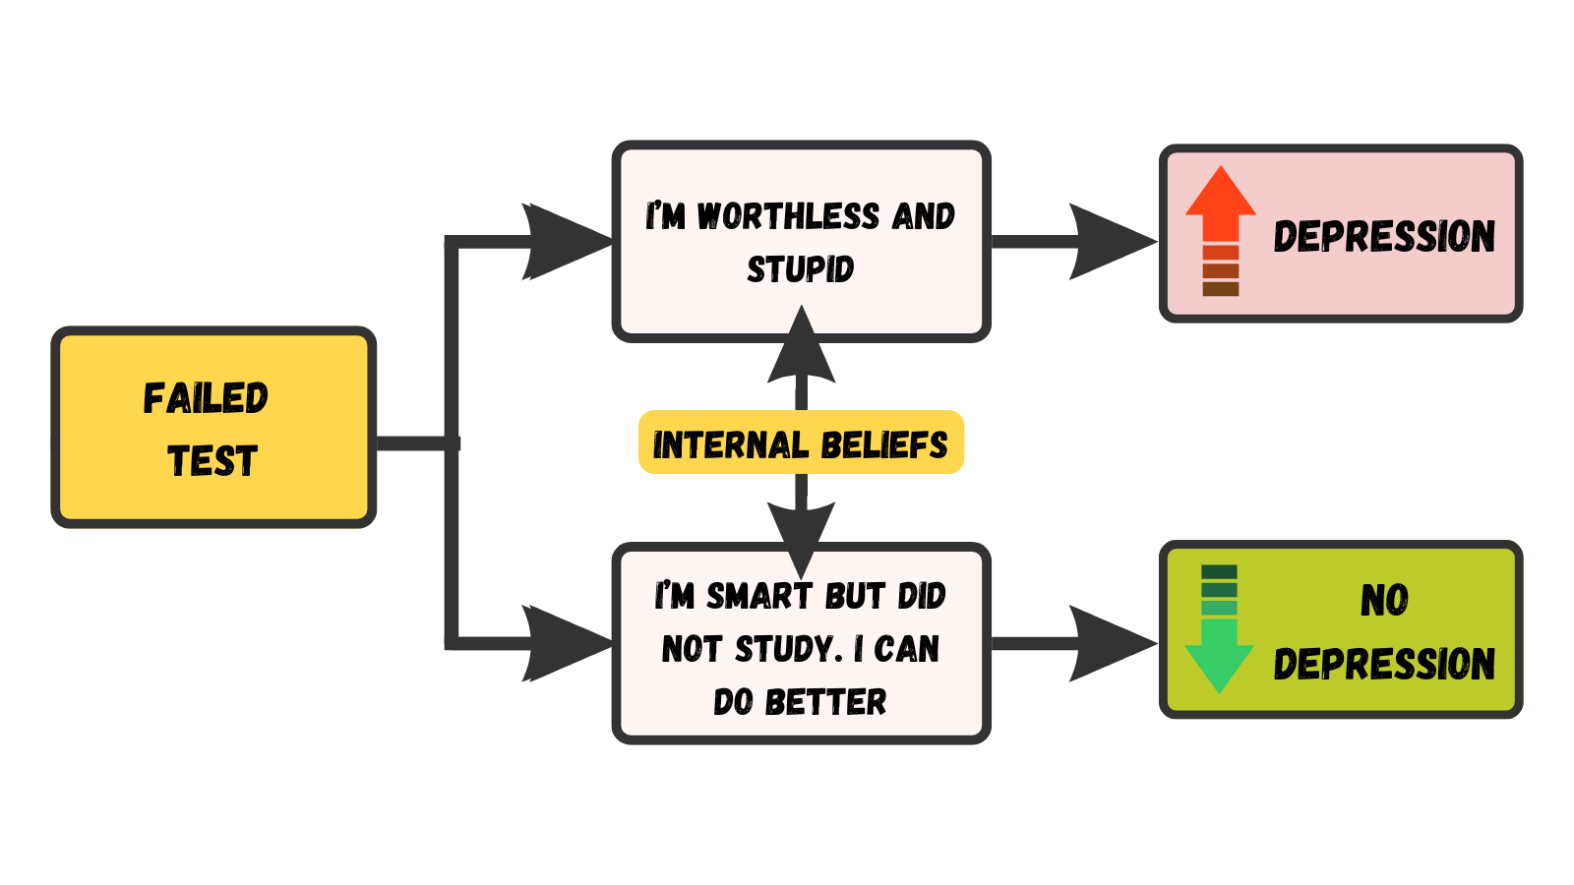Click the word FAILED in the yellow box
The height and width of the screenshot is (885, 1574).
coord(206,398)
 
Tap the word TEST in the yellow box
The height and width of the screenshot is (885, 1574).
coord(212,460)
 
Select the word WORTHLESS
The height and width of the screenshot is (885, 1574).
coord(788,216)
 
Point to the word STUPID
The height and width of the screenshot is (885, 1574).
coord(801,268)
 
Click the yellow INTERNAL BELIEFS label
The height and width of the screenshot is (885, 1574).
coord(801,443)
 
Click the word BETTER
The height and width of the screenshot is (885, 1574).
coord(825,702)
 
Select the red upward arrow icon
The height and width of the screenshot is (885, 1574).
coord(1220,230)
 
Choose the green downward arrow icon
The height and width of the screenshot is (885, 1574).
coord(1219,629)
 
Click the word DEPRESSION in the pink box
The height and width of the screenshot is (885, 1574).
coord(1384,236)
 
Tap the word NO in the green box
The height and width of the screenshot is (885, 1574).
coord(1384,600)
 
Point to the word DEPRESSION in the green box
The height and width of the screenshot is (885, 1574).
coord(1384,665)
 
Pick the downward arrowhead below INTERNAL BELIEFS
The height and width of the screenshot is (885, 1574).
coord(802,536)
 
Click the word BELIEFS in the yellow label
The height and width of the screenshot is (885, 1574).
coord(883,444)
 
